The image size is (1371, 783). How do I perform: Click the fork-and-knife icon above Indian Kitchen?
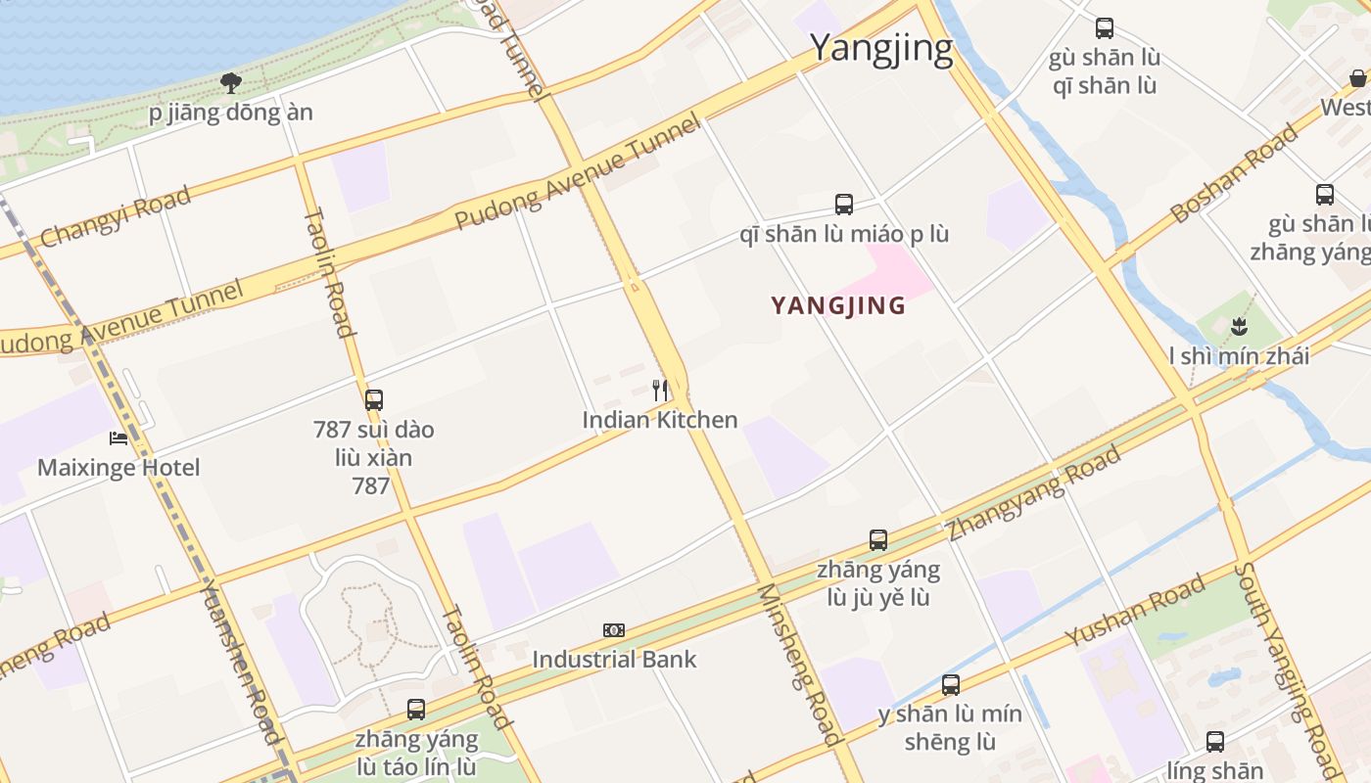pyautogui.click(x=661, y=391)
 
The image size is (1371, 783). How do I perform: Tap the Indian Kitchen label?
pyautogui.click(x=660, y=420)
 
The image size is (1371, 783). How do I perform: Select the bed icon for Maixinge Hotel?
pyautogui.click(x=118, y=438)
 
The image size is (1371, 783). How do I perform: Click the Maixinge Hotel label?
pyautogui.click(x=118, y=467)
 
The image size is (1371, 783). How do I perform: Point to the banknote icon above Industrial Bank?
pyautogui.click(x=614, y=630)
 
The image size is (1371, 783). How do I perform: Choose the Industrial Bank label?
pyautogui.click(x=614, y=659)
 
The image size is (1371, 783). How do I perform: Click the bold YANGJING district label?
pyautogui.click(x=838, y=305)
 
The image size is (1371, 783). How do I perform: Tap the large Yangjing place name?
pyautogui.click(x=881, y=48)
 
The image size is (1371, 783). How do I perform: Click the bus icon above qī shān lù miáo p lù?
pyautogui.click(x=844, y=205)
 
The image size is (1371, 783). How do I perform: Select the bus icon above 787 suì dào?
pyautogui.click(x=374, y=399)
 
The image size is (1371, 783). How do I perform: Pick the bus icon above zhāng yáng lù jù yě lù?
pyautogui.click(x=878, y=539)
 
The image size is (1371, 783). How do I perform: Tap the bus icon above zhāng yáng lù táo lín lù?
pyautogui.click(x=416, y=709)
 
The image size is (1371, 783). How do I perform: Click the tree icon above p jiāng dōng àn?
pyautogui.click(x=231, y=83)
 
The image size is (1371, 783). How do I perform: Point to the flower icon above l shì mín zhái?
pyautogui.click(x=1240, y=326)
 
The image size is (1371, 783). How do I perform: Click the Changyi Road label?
pyautogui.click(x=116, y=217)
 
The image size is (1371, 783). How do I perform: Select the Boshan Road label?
pyautogui.click(x=1234, y=173)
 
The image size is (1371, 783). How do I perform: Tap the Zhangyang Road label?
pyautogui.click(x=1034, y=493)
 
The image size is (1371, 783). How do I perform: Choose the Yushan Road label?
pyautogui.click(x=1136, y=611)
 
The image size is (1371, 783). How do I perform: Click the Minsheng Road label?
pyautogui.click(x=801, y=664)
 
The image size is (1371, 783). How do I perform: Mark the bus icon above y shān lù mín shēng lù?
pyautogui.click(x=950, y=684)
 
